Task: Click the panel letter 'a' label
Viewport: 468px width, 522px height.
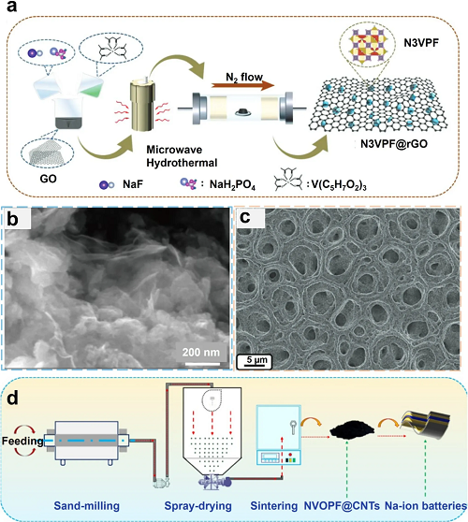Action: (11, 7)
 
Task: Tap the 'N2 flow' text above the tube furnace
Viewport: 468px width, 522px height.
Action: (244, 78)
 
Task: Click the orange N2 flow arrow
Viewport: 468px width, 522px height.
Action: (242, 85)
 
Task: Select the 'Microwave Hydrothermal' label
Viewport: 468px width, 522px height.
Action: (182, 156)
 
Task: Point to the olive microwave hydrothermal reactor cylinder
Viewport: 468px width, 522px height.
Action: (143, 104)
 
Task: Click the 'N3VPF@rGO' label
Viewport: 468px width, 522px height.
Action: (394, 144)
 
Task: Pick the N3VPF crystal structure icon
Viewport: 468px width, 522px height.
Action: (368, 45)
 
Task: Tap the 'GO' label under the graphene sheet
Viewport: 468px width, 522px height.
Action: (49, 179)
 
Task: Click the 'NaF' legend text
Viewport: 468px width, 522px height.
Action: (133, 183)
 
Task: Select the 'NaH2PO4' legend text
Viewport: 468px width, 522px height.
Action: (232, 185)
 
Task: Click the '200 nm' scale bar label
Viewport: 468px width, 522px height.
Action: (201, 353)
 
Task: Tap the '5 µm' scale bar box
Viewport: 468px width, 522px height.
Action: (255, 362)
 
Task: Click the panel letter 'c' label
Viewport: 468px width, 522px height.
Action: (245, 217)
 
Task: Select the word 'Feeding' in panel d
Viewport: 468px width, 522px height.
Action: (22, 442)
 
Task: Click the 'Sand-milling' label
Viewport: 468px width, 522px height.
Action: (87, 506)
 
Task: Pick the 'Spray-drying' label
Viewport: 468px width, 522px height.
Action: (197, 506)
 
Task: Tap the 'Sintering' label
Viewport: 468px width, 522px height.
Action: (274, 506)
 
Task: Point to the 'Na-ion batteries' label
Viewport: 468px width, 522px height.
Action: (426, 506)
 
